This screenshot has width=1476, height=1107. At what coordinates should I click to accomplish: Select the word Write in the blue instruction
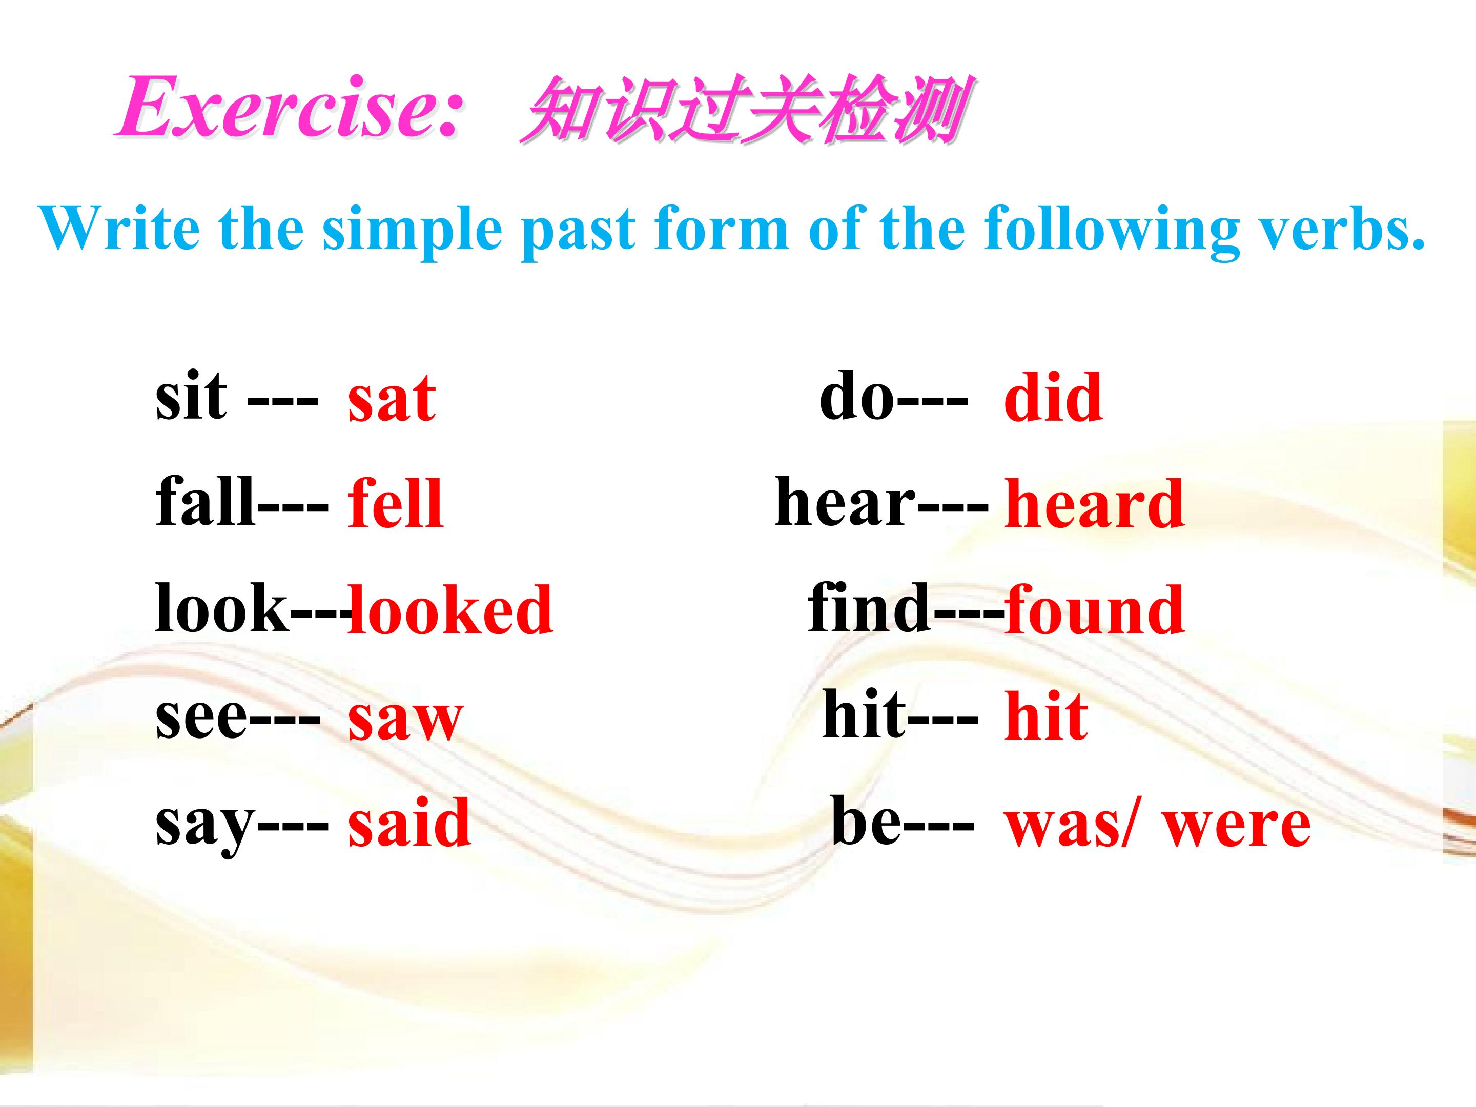pyautogui.click(x=120, y=228)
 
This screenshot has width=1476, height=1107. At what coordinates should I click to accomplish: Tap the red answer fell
pyautogui.click(x=395, y=502)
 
